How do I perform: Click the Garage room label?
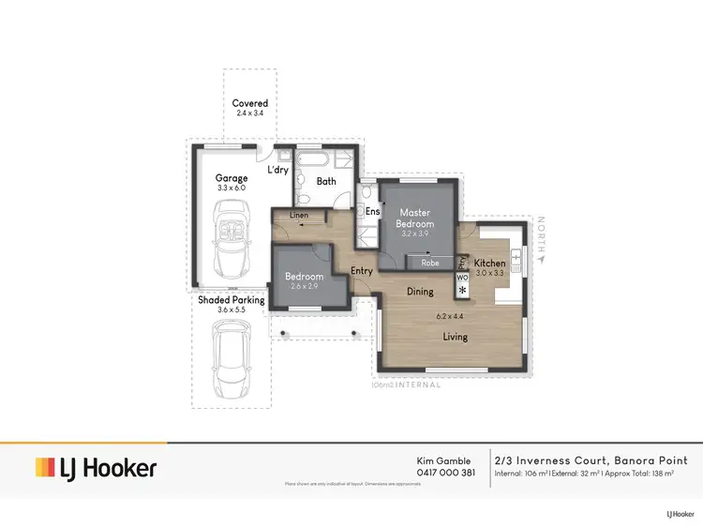(232, 178)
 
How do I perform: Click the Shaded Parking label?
(231, 300)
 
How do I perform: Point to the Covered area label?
(250, 103)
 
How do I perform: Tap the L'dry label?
(277, 170)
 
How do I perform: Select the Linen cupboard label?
(298, 216)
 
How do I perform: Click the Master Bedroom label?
(415, 218)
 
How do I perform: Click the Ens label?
(371, 212)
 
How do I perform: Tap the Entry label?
(362, 271)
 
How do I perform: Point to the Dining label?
(420, 292)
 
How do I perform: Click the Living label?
(456, 337)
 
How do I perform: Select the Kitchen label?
(489, 263)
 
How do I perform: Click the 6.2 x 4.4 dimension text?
(452, 316)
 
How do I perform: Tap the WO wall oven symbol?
(461, 278)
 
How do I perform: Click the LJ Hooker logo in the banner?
(96, 467)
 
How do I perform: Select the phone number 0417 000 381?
(445, 473)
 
